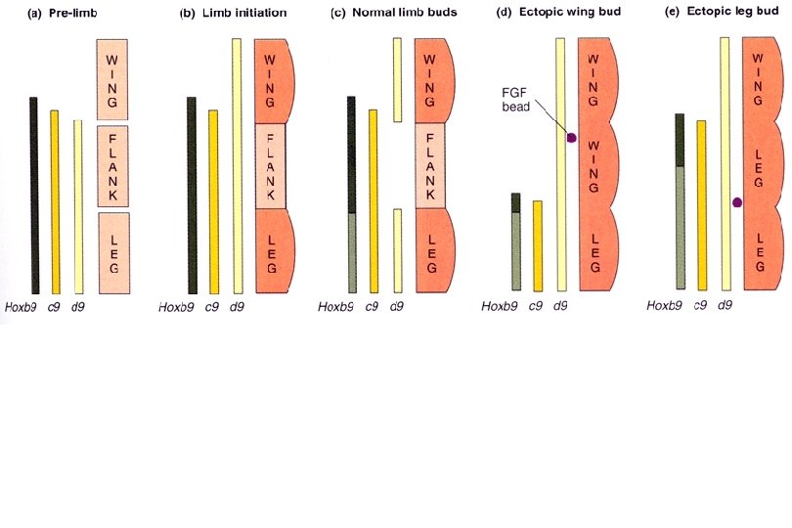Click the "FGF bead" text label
click(x=515, y=98)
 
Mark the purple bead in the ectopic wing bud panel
click(x=571, y=137)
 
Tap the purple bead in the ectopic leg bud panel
click(x=736, y=202)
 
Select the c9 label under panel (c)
click(x=373, y=307)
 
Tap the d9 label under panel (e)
click(x=726, y=307)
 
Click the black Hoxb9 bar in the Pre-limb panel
click(x=34, y=195)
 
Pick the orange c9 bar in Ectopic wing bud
click(x=538, y=245)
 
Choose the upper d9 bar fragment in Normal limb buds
click(x=397, y=79)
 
